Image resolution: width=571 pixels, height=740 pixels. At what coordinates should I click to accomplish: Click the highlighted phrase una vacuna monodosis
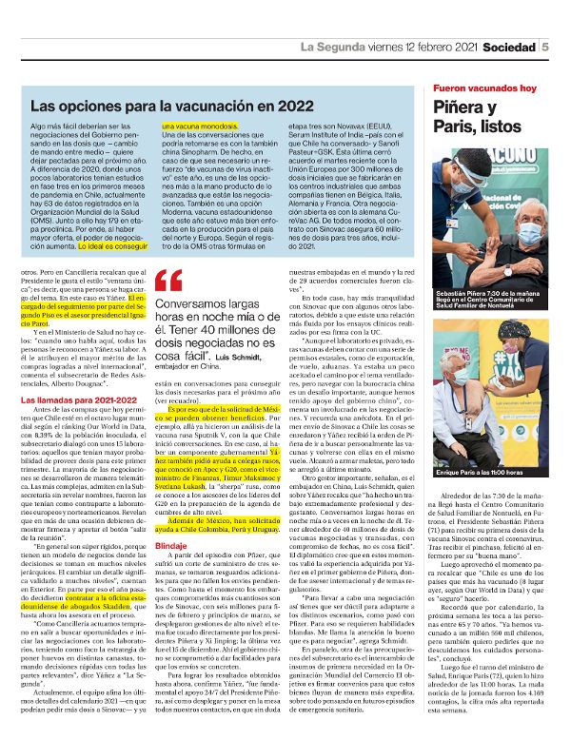[x=195, y=126]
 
